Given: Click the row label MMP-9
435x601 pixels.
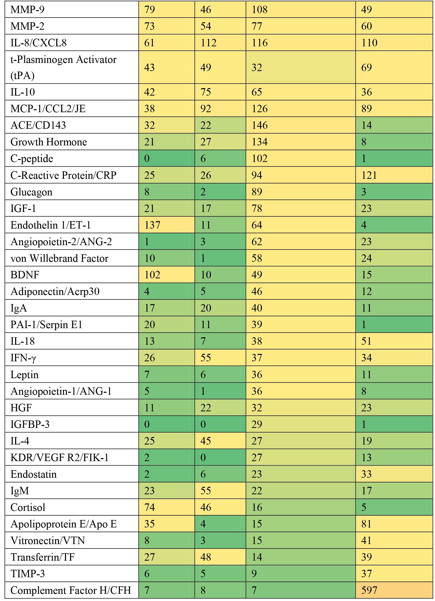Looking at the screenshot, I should click(x=27, y=10).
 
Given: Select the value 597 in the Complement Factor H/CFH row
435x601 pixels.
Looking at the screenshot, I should click(x=369, y=590).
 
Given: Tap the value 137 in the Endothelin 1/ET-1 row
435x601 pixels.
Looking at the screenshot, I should click(x=152, y=225).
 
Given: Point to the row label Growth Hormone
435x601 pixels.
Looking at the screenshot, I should click(x=49, y=142).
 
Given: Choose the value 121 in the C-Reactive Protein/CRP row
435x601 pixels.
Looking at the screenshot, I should click(x=369, y=175).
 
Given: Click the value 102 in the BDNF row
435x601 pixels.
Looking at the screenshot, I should click(x=152, y=275).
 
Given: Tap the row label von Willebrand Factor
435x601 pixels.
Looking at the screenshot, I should click(x=59, y=258).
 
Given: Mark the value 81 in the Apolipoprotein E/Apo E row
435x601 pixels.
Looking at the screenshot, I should click(x=366, y=524).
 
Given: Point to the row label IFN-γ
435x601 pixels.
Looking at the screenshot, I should click(x=23, y=358).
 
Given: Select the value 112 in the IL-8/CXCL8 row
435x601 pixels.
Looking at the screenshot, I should click(x=208, y=43).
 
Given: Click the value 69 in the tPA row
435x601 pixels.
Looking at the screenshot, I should click(x=366, y=67).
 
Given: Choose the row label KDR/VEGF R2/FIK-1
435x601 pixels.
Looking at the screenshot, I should click(x=59, y=458).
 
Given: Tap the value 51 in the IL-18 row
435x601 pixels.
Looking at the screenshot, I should click(x=366, y=341).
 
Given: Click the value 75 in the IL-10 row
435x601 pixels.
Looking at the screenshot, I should click(x=205, y=92).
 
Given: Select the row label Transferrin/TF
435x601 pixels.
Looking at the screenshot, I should click(x=42, y=557).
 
